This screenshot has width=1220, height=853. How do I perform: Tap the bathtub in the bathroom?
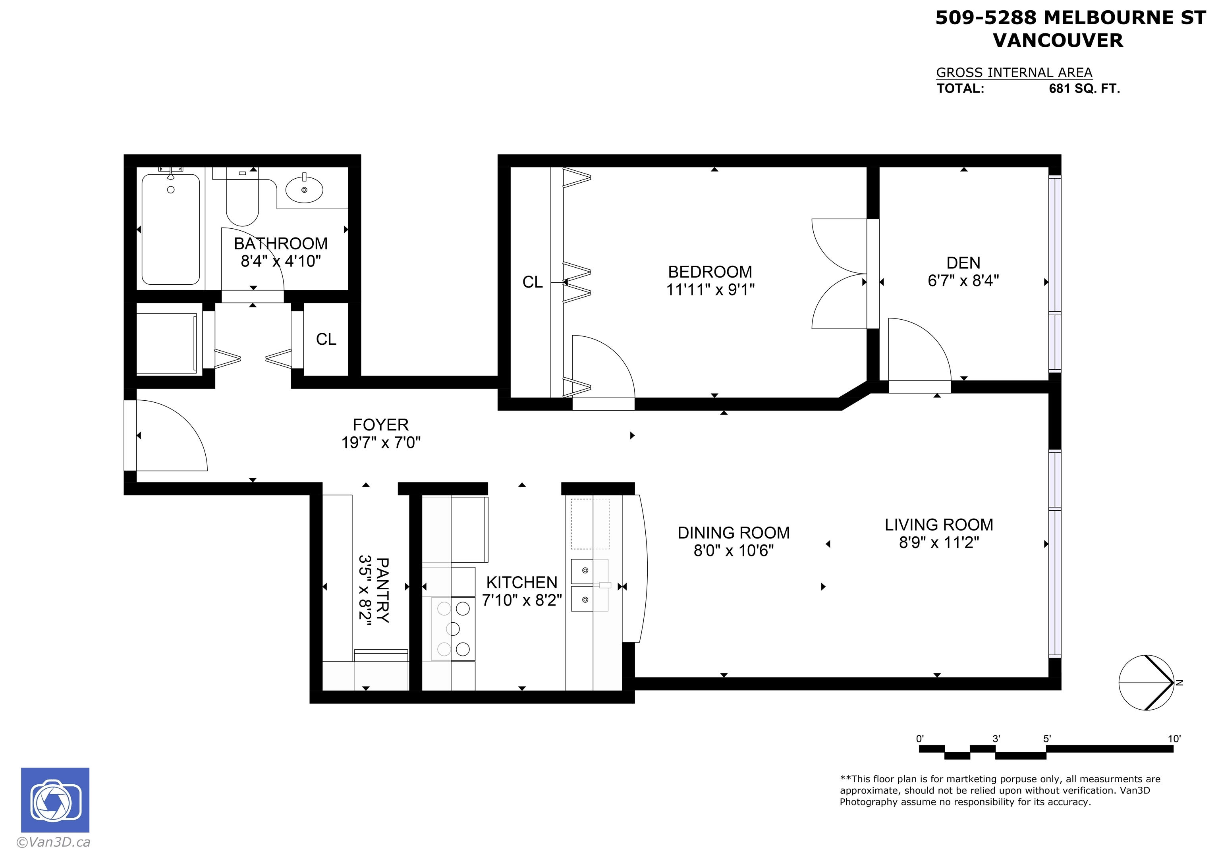(x=170, y=230)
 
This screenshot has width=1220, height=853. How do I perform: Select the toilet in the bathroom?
(x=242, y=197)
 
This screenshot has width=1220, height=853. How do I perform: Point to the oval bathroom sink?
(x=304, y=189)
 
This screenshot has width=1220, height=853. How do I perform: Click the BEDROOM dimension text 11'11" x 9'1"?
(x=710, y=289)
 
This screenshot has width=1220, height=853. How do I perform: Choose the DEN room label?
(x=963, y=263)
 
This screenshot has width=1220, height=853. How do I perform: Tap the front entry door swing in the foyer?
(x=171, y=435)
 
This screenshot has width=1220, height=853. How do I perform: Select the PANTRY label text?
(x=382, y=590)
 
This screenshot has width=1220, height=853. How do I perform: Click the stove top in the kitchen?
(x=453, y=629)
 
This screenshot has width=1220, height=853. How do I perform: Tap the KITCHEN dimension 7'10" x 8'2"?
(x=522, y=600)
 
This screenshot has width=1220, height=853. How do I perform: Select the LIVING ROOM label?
(x=939, y=525)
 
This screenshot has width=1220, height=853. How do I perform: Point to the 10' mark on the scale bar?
(x=1174, y=739)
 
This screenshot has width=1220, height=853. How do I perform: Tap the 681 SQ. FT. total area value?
(x=1084, y=89)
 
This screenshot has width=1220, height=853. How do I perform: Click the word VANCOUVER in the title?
(x=1058, y=41)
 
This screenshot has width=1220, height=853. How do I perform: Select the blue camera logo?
(x=55, y=800)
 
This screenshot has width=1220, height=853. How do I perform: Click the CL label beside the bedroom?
(x=533, y=282)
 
